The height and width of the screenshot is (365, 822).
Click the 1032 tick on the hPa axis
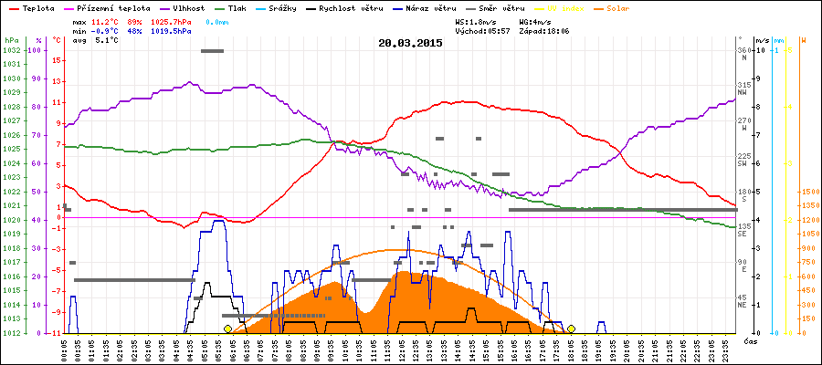tap(11, 50)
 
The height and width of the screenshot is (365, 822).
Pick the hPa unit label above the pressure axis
tap(11, 40)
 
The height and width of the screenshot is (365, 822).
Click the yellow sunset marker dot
tap(571, 328)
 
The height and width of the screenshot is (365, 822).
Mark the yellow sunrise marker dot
tap(227, 328)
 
